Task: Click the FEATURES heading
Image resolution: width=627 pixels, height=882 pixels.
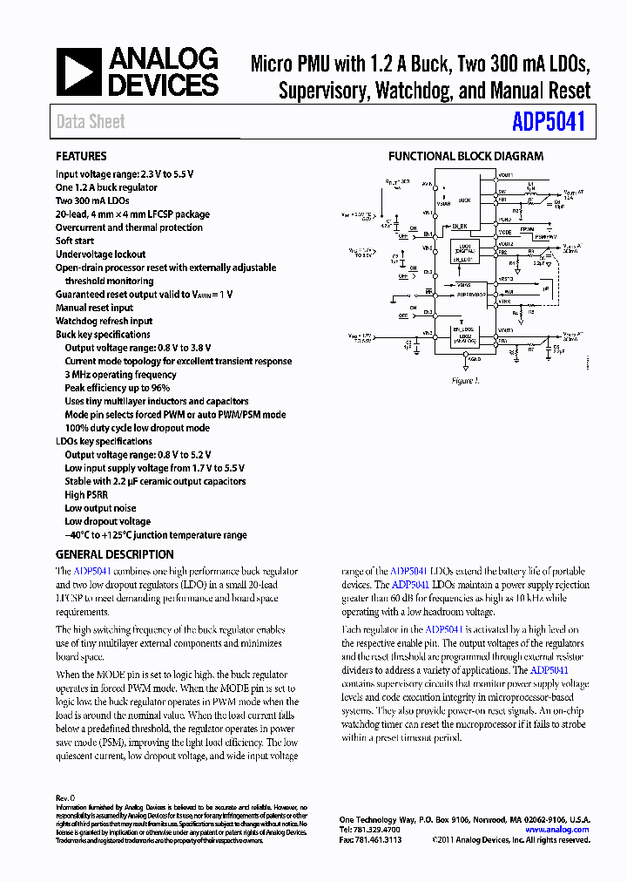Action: pos(81,156)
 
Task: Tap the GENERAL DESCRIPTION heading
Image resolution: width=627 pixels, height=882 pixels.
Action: pos(114,554)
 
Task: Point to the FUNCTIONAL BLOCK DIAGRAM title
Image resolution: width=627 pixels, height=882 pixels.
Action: pos(465,156)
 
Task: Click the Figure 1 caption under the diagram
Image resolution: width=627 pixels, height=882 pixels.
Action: pos(465,381)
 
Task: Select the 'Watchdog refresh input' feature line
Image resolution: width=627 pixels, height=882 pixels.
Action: pos(104,321)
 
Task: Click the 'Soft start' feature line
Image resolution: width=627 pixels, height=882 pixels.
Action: pos(75,241)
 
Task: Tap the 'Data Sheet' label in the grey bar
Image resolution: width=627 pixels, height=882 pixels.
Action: pos(91,122)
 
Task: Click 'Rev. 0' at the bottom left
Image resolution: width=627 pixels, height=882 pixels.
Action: pos(65,797)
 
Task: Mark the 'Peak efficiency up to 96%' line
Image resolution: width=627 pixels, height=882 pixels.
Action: pos(117,388)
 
